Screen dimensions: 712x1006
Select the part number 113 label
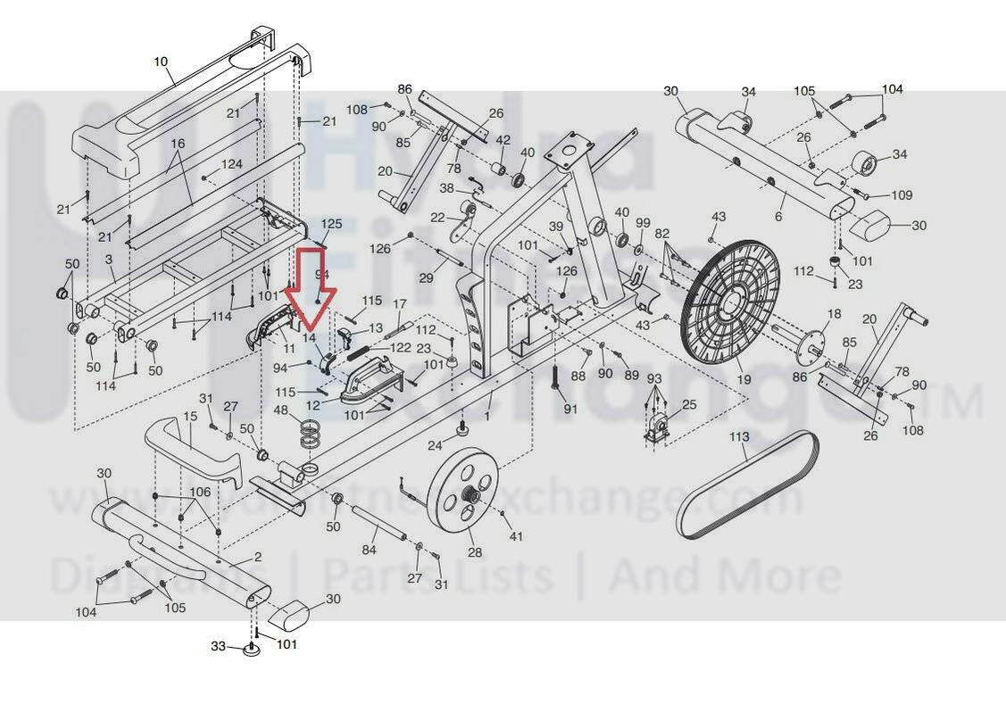point(739,437)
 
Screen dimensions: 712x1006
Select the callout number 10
point(161,62)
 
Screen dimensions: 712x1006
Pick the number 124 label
point(232,165)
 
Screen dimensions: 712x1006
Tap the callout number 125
point(331,223)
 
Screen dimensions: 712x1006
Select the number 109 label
point(902,195)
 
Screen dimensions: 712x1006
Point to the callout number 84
point(369,551)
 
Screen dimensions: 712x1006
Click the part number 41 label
point(515,536)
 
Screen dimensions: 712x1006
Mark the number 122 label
point(400,348)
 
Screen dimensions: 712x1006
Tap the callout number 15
point(190,417)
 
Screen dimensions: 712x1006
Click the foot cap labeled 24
point(463,431)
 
